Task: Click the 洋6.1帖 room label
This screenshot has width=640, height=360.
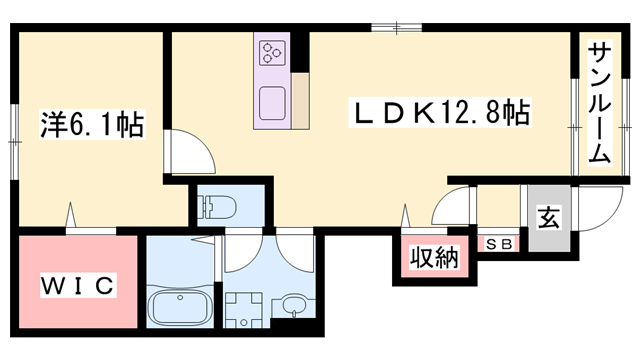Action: tap(91, 125)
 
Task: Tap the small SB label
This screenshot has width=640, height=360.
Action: tap(497, 243)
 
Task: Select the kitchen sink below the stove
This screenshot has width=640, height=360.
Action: tap(273, 101)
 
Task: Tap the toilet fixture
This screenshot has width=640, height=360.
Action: tap(217, 207)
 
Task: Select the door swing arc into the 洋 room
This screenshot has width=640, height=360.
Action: tap(187, 152)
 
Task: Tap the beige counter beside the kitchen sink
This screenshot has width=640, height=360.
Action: tap(299, 101)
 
